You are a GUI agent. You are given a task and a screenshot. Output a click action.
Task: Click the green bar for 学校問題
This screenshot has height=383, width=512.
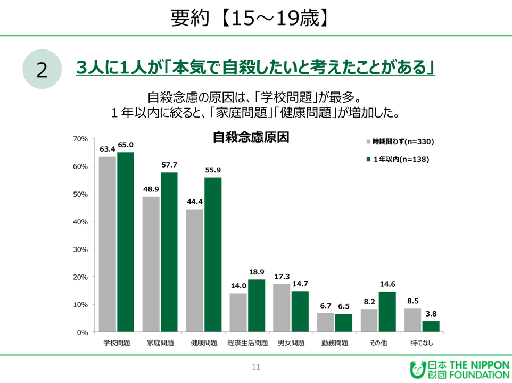126,242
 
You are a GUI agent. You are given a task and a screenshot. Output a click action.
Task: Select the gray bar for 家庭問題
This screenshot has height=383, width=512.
151,264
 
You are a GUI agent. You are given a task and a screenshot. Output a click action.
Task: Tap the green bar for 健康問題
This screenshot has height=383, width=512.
213,255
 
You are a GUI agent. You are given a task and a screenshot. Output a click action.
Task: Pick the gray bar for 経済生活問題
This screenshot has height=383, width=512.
238,313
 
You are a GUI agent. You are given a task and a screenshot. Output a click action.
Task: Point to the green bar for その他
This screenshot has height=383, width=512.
387,312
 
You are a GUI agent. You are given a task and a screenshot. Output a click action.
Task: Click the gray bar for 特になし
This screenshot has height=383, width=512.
412,320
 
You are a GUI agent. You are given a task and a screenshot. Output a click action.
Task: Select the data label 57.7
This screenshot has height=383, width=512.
169,165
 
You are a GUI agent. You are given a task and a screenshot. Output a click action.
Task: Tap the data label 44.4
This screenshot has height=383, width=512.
194,202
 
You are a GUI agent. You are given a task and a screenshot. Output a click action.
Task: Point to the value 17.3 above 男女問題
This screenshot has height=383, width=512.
282,277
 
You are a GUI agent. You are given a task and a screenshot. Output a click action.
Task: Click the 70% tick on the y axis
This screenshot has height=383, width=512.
81,139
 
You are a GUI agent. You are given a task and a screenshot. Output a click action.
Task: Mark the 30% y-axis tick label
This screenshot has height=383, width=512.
81,249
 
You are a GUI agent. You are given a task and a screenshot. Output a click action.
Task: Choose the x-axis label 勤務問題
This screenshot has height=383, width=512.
335,343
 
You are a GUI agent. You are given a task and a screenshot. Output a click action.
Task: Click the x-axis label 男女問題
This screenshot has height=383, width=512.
291,343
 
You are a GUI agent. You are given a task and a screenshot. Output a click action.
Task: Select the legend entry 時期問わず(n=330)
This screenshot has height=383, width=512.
400,141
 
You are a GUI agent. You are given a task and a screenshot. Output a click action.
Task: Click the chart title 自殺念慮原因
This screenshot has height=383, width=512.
251,137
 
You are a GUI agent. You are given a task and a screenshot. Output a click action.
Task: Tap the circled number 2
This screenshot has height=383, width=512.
42,70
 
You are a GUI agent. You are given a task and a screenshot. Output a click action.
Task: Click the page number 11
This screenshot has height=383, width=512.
256,367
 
